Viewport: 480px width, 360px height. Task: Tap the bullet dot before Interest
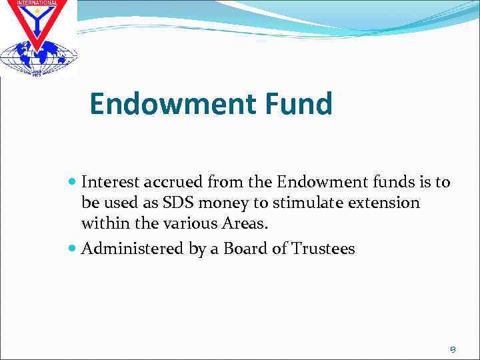(73, 181)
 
